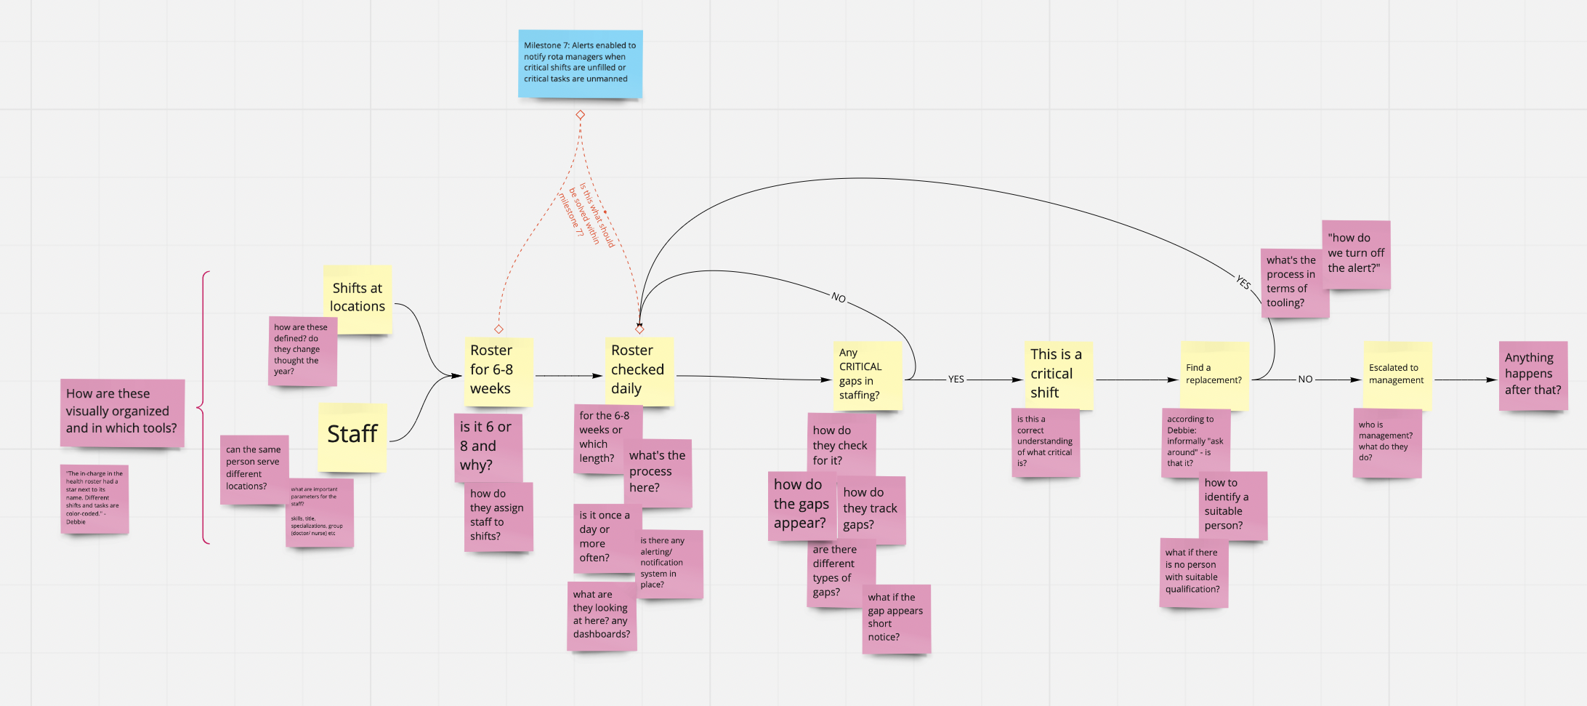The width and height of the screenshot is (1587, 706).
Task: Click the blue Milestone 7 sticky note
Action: point(580,63)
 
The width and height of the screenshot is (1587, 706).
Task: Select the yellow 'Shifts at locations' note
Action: point(358,298)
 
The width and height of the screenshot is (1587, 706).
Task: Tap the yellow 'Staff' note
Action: point(352,436)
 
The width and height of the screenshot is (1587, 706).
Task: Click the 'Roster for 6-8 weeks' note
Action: point(498,371)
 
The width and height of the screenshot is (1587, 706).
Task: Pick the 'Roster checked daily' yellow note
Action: point(639,371)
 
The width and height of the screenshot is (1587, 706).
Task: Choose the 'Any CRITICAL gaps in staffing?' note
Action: point(868,375)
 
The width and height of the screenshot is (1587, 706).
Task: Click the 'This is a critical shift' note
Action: point(1057,374)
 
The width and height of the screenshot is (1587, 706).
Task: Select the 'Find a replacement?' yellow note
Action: point(1214,374)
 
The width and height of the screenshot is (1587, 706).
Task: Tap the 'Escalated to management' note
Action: point(1397,374)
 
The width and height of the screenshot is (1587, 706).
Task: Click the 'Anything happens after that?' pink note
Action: point(1533,374)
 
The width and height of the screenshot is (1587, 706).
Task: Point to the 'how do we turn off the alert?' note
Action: point(1356,254)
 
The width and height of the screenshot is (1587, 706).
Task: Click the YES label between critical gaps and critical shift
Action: point(956,380)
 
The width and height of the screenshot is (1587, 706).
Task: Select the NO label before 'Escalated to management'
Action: point(1305,380)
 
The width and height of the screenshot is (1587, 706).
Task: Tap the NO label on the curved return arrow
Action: point(839,297)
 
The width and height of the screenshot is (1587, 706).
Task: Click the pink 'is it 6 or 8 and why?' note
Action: point(488,446)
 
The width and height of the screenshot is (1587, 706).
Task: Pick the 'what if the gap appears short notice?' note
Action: point(896,618)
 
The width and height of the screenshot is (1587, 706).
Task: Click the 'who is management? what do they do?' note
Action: point(1386,442)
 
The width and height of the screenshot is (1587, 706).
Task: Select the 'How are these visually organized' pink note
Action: point(122,412)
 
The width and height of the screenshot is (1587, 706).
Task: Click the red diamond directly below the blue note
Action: point(580,115)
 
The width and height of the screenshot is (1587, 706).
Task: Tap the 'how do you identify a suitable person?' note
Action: point(1233,505)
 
